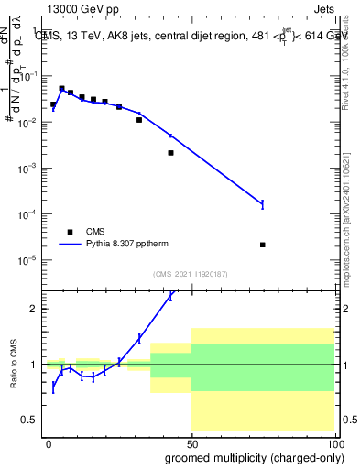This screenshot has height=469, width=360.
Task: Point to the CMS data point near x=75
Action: pyautogui.click(x=263, y=245)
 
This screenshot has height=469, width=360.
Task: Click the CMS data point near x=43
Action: pyautogui.click(x=170, y=153)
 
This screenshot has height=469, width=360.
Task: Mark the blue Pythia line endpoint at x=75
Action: pyautogui.click(x=263, y=203)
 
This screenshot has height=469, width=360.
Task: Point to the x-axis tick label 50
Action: pyautogui.click(x=191, y=442)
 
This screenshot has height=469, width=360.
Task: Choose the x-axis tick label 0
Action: pyautogui.click(x=49, y=442)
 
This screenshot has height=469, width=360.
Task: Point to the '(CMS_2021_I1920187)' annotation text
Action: pyautogui.click(x=191, y=273)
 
